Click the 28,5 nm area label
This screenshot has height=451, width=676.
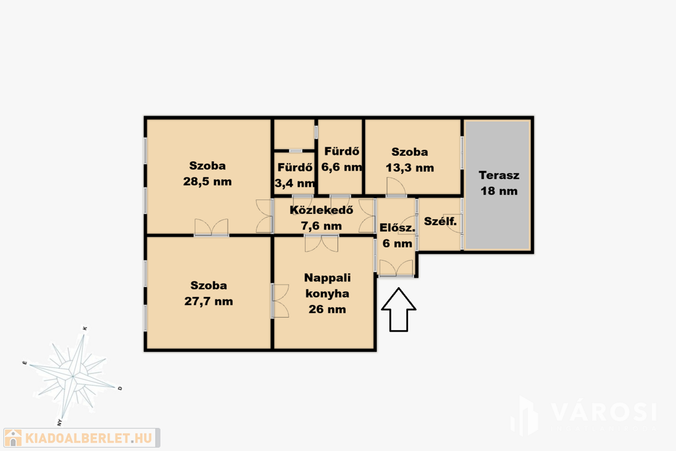pos(207,182)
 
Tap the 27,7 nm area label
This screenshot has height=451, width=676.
pos(209,301)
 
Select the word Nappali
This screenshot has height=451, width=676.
pos(327,278)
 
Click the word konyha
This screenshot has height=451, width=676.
pos(327,294)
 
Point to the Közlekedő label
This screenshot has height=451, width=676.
pos(321,210)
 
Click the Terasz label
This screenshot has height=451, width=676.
pos(499,176)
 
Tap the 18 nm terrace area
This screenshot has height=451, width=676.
pos(499,191)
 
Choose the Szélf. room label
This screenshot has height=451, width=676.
pos(440,222)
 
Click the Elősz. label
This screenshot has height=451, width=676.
pos(397,228)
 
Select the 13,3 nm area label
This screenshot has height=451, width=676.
pos(409,168)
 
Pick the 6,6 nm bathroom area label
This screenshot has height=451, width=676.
pos(341,167)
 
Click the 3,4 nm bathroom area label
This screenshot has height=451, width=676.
pos(295,184)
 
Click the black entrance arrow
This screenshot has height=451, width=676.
pos(399,310)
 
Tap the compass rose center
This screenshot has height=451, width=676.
pos(73,376)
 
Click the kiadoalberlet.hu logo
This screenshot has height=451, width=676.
pos(82,438)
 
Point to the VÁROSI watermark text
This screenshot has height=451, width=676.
pos(603,412)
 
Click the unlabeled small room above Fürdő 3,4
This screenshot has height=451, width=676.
pos(294,135)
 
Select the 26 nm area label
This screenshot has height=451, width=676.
pos(327,309)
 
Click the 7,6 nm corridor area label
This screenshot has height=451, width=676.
pos(321,226)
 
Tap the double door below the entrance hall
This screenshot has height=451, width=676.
pos(396,267)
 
